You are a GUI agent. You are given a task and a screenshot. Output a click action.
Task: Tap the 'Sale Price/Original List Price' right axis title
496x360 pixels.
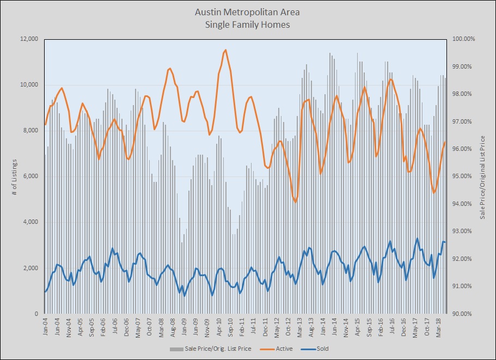click(x=482, y=176)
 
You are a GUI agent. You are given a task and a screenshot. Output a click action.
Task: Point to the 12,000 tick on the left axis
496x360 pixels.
click(x=28, y=39)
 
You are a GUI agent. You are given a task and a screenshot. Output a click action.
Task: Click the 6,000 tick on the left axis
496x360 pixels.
click(x=29, y=176)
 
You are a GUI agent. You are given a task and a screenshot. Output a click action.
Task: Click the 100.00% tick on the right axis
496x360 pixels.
click(x=464, y=39)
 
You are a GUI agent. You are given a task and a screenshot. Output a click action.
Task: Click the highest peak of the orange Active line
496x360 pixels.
click(x=225, y=50)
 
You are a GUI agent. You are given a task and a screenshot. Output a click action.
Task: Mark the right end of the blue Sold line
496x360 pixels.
click(x=445, y=242)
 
